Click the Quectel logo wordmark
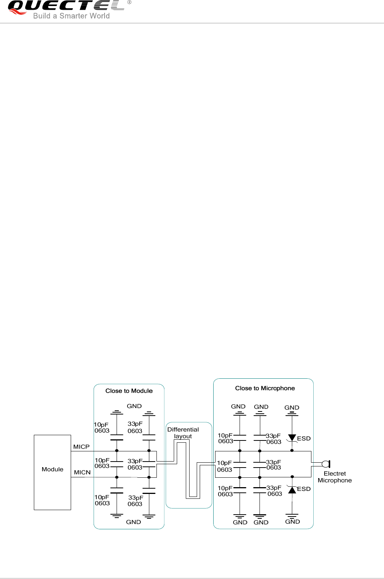click(66, 6)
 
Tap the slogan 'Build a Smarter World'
click(71, 16)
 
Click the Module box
click(52, 472)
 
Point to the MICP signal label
click(81, 446)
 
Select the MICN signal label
click(82, 472)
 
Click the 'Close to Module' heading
click(129, 391)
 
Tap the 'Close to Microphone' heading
click(265, 388)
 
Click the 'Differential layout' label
click(183, 433)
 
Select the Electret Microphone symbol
click(326, 464)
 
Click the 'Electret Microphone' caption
click(335, 477)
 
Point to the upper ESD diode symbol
click(292, 438)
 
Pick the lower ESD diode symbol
click(292, 490)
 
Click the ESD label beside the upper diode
click(304, 438)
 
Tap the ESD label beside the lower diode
click(304, 489)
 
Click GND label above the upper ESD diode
click(292, 407)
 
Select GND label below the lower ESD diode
click(293, 521)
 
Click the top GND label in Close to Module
click(134, 406)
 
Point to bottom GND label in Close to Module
click(134, 522)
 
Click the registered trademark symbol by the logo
click(129, 2)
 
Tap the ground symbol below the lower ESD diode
click(292, 515)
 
